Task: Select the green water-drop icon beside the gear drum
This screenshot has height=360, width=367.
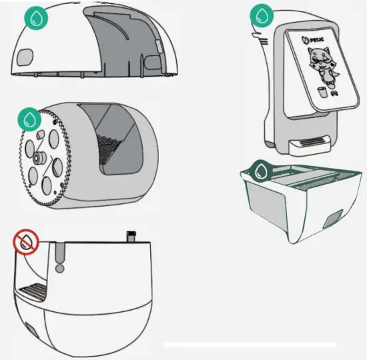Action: [x=29, y=121]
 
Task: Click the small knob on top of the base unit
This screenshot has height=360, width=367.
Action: [x=131, y=236]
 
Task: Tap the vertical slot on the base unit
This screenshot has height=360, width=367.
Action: [x=60, y=253]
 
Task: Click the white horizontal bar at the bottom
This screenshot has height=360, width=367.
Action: [x=250, y=345]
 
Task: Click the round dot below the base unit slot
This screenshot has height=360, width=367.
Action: [x=60, y=269]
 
